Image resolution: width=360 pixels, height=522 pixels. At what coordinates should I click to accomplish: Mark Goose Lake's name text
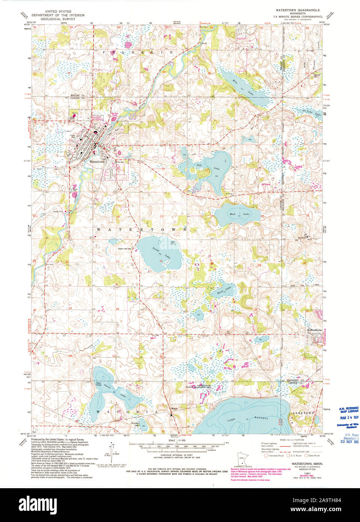(117, 391)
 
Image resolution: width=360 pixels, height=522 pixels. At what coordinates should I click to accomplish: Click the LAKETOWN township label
(303, 413)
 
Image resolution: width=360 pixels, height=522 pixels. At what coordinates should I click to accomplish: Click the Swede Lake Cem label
(124, 249)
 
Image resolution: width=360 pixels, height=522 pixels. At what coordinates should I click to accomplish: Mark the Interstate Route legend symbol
(266, 456)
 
